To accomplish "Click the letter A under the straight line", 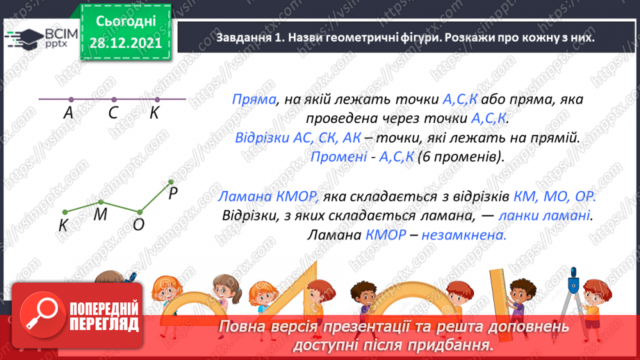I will point(68,113).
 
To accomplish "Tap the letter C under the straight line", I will point(113,113).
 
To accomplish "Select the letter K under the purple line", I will point(154,113).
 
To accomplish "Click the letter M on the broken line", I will point(100,215).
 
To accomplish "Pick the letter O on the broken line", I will point(138,224).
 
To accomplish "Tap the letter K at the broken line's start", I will point(63,225).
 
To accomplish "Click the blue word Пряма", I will point(252,99).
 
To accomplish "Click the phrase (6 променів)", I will point(460,156).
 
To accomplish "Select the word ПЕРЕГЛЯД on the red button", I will point(104,323).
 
